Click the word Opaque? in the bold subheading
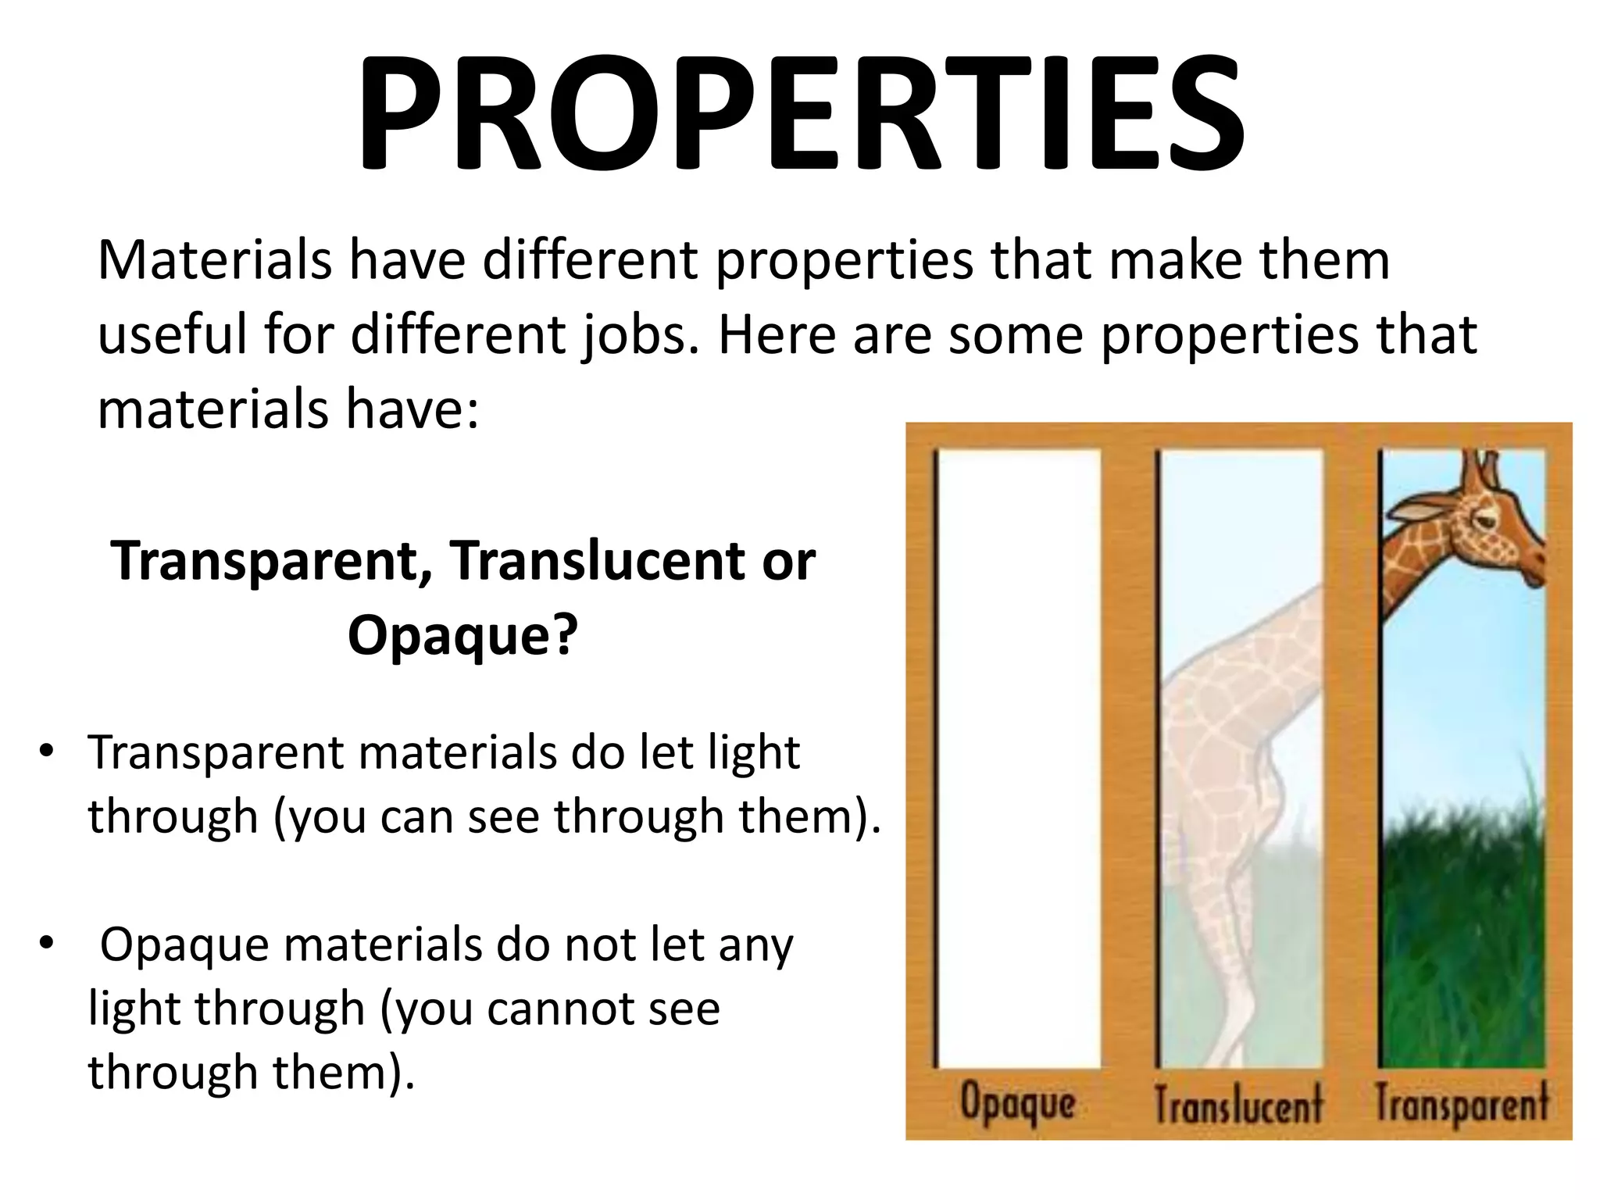(x=462, y=634)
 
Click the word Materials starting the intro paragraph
(x=214, y=260)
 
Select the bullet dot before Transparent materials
(x=46, y=751)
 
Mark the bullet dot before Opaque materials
(x=46, y=943)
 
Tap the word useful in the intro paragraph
(x=173, y=334)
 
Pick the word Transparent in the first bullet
(x=216, y=754)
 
